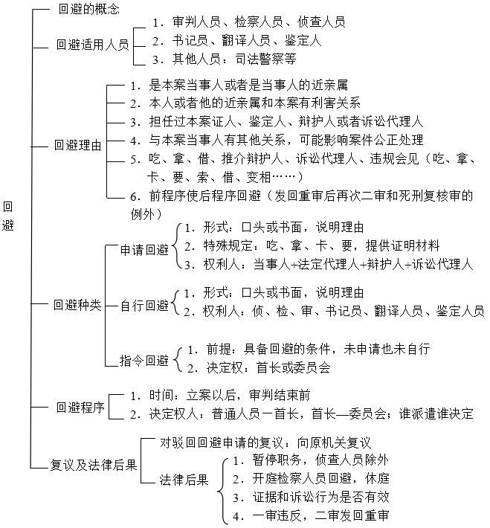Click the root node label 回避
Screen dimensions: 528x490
coord(9,215)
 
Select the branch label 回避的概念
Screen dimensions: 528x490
coord(88,10)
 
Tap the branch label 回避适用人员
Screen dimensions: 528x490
coord(92,44)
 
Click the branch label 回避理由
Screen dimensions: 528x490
coord(77,145)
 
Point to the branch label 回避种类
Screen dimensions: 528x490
coord(77,305)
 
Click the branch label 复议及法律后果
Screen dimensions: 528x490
coord(93,466)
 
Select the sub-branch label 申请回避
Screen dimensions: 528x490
coord(145,251)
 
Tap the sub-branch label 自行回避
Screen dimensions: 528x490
coord(144,305)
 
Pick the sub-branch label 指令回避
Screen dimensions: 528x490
coord(144,361)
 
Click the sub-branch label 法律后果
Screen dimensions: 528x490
coord(184,479)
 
